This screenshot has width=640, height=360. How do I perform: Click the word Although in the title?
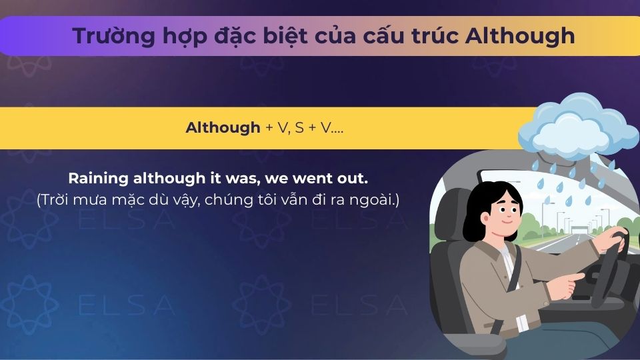[x=519, y=35]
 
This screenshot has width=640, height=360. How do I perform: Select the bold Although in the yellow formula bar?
[x=223, y=128]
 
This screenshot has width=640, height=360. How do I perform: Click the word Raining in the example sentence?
[x=98, y=179]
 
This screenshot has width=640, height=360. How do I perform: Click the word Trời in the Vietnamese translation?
[x=57, y=199]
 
